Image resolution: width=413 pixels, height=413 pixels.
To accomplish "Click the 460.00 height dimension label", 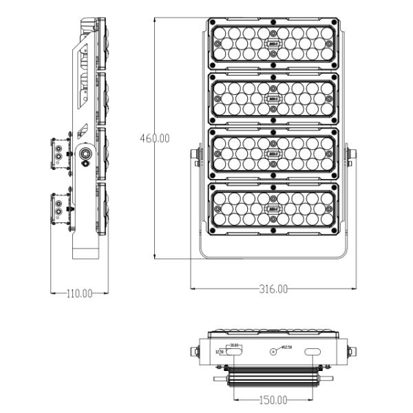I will pos(155,138).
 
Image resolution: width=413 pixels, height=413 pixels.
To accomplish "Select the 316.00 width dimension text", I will pos(273,289).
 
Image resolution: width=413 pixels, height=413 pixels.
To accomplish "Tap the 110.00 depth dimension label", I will pos(79,293).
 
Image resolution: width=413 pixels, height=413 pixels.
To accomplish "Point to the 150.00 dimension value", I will pos(273,400).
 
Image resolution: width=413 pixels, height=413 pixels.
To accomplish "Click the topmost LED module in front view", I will pos(273,44).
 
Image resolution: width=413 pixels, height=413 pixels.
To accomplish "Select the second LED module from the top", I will pos(273,98).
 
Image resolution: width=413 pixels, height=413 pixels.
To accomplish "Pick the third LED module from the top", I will pos(273,153).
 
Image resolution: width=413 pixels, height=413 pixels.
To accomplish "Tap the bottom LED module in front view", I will pos(273,207).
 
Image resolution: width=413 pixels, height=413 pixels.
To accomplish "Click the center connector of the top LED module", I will pos(273,44).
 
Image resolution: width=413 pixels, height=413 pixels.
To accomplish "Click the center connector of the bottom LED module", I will pos(273,207).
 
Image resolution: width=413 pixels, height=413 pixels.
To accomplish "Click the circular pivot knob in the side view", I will pos(86,155).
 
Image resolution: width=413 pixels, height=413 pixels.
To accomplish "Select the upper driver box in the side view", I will pos(61,155).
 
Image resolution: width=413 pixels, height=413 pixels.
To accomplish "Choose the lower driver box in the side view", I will pos(61,209).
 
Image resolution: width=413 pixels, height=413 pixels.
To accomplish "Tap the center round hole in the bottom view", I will pos(273,352).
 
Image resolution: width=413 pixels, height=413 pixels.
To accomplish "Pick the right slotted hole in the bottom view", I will pos(313,352).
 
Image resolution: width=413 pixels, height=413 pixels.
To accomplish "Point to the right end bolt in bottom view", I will pos(353,352).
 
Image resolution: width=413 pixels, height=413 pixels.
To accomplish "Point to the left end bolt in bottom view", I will pos(194,352).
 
